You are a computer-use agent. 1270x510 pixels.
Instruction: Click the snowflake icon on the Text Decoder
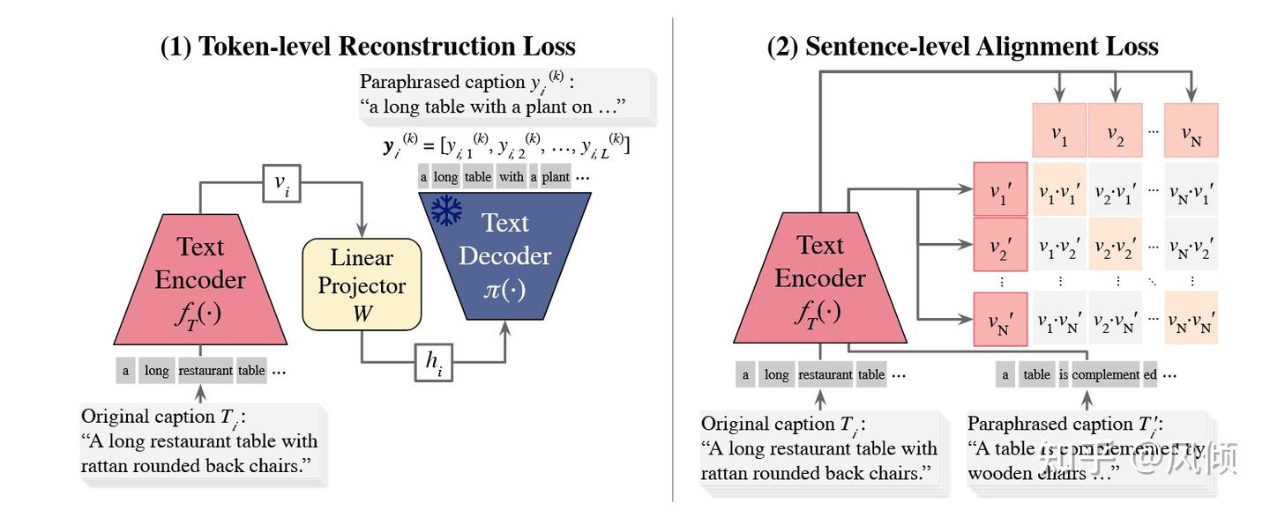[x=446, y=211]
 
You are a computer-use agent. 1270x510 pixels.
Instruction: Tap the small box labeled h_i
[x=433, y=362]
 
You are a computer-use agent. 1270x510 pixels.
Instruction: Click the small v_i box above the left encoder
[x=281, y=184]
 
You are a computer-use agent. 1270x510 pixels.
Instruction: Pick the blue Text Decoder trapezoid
[x=504, y=255]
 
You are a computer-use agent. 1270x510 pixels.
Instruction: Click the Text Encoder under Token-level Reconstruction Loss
[x=200, y=280]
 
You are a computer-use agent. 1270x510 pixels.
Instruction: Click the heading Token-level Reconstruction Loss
[x=368, y=46]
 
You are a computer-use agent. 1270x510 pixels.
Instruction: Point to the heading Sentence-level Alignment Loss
[x=962, y=46]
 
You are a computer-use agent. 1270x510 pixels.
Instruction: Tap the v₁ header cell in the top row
[x=1059, y=131]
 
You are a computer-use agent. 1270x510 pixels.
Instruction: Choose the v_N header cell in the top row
[x=1191, y=131]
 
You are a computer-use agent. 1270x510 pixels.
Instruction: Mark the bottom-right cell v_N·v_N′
[x=1191, y=319]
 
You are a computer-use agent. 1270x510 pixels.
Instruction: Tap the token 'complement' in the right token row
[x=1105, y=374]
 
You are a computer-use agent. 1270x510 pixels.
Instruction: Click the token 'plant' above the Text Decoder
[x=555, y=177]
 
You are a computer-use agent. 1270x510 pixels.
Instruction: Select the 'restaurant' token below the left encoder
[x=206, y=371]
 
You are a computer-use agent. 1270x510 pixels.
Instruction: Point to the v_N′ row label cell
[x=1000, y=319]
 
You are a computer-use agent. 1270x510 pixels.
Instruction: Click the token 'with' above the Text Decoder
[x=511, y=177]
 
